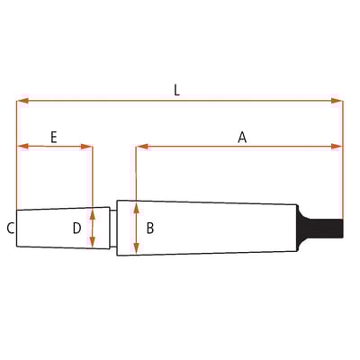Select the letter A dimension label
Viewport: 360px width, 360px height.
(x=242, y=137)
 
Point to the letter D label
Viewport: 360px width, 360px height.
(x=77, y=229)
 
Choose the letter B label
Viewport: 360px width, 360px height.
(x=149, y=229)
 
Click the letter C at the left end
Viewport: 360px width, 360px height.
(x=10, y=229)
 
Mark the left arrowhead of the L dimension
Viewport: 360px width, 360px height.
(x=21, y=101)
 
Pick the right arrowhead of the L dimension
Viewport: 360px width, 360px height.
(x=338, y=101)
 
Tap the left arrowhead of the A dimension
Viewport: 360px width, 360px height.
(x=139, y=146)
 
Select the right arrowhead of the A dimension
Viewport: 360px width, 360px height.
(x=338, y=146)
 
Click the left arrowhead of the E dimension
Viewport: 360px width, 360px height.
(x=21, y=146)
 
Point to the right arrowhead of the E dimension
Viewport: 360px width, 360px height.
(x=88, y=146)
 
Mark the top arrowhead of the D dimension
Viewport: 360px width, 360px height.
(x=93, y=214)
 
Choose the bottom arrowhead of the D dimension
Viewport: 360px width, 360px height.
(x=93, y=243)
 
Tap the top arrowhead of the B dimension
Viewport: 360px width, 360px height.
(x=136, y=206)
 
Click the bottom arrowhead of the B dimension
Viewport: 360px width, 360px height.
(x=136, y=250)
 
